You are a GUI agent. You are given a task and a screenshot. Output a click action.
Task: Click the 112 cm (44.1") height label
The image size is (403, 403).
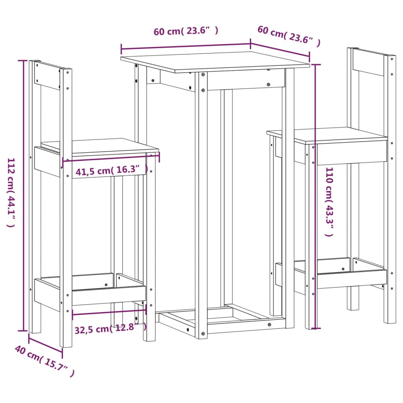11,193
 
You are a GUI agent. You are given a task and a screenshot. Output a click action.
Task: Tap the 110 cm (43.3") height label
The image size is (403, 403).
329,201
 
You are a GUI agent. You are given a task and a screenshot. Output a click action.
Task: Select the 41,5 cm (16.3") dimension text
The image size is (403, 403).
112,171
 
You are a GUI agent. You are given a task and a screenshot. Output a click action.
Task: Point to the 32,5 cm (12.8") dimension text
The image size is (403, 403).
110,327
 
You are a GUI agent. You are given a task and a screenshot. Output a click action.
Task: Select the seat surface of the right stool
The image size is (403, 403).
327,135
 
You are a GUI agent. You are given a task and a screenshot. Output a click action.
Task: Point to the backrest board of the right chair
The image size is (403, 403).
368,62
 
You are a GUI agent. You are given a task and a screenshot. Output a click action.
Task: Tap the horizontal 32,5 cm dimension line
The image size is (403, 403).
109,311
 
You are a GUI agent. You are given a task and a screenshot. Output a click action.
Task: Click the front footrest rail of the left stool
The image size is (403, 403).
109,295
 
